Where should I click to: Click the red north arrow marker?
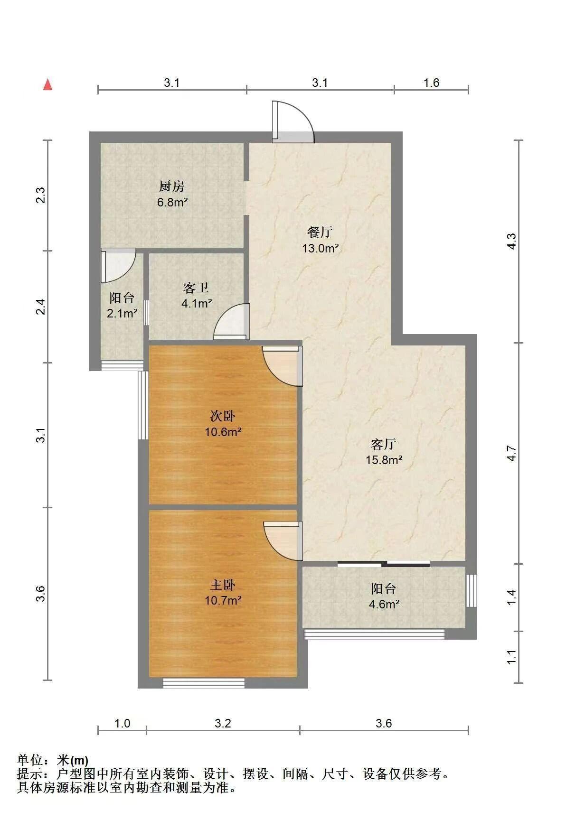[x=47, y=84]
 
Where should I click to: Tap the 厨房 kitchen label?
[x=172, y=186]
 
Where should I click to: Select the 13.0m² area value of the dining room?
[x=321, y=248]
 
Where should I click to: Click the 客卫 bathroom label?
[x=196, y=288]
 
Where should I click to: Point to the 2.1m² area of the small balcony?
[x=122, y=314]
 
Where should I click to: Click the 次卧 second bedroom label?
[x=223, y=416]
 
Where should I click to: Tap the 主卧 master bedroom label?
[x=223, y=585]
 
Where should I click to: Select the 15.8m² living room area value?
[x=384, y=460]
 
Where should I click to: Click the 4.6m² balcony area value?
[x=384, y=605]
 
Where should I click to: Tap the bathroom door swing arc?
[x=231, y=322]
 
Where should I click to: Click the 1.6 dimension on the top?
[x=431, y=83]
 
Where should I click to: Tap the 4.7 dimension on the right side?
[x=511, y=453]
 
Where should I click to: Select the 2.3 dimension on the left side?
[x=41, y=196]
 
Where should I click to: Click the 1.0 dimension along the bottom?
[x=122, y=723]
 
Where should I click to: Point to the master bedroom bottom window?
[x=204, y=683]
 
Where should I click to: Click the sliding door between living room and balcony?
[x=384, y=564]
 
